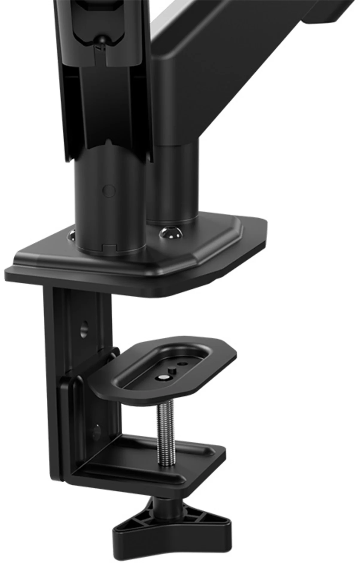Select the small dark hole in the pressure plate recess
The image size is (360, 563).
[x=182, y=364]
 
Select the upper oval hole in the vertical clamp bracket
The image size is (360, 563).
[x=85, y=328]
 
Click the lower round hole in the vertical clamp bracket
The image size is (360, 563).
[x=96, y=431]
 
